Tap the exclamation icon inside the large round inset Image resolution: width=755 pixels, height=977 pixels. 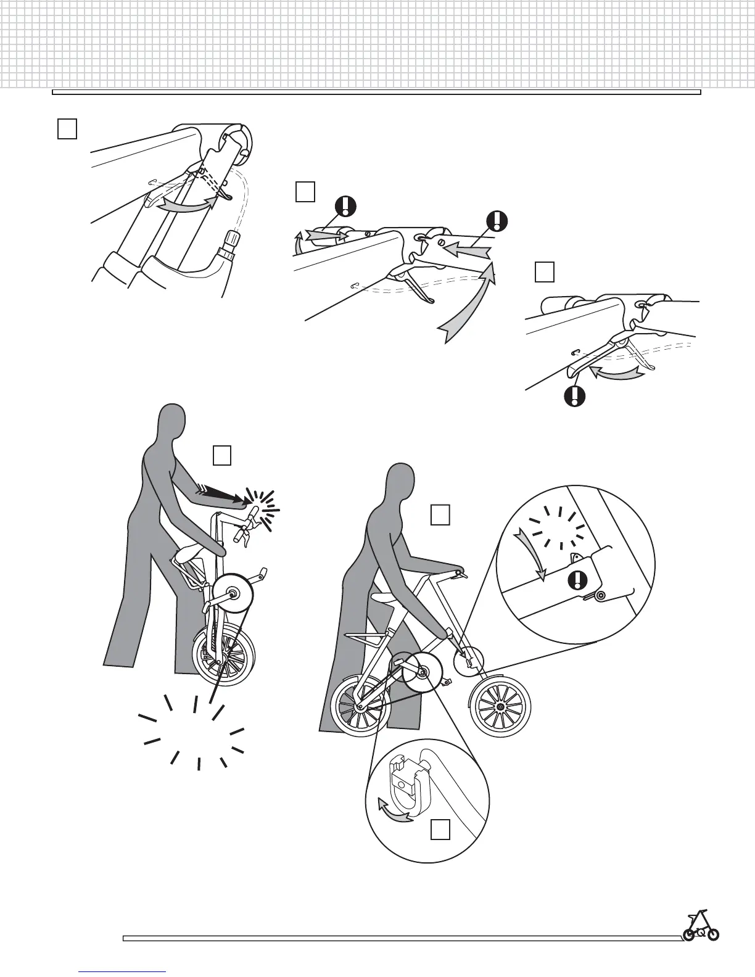[x=577, y=580]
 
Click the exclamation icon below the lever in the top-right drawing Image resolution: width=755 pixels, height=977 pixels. [x=575, y=395]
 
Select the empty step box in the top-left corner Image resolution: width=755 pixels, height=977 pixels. [x=67, y=129]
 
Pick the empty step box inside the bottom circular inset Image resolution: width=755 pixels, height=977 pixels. [x=440, y=830]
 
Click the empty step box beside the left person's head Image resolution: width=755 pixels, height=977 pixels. [x=222, y=455]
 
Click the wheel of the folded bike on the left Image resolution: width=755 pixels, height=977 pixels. [x=224, y=654]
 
